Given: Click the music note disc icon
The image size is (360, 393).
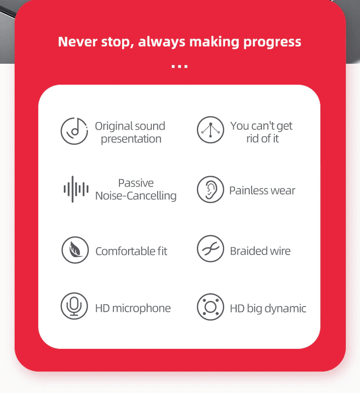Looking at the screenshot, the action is pyautogui.click(x=74, y=131).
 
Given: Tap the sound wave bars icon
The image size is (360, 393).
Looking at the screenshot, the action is pyautogui.click(x=76, y=189).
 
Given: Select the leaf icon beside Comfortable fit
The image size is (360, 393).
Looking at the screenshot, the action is pyautogui.click(x=75, y=250).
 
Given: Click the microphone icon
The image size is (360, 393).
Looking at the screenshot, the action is pyautogui.click(x=74, y=306).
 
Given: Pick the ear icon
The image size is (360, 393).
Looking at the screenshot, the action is pyautogui.click(x=210, y=189).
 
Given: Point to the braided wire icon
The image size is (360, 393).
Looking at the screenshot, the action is pyautogui.click(x=210, y=249).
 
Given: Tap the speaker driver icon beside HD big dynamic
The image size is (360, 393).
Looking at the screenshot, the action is pyautogui.click(x=210, y=307).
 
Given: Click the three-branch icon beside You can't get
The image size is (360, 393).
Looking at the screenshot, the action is pyautogui.click(x=210, y=130).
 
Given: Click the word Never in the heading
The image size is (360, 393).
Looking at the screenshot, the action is pyautogui.click(x=77, y=41).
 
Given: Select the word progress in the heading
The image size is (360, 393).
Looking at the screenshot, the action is pyautogui.click(x=272, y=42).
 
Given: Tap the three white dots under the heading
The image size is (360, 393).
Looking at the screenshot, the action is pyautogui.click(x=180, y=66).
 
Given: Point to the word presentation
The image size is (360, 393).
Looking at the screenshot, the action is pyautogui.click(x=131, y=139).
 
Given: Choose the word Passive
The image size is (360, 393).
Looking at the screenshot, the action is pyautogui.click(x=136, y=183).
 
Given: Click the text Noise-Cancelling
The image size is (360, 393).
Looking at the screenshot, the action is pyautogui.click(x=136, y=195).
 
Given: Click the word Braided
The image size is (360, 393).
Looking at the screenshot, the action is pyautogui.click(x=247, y=251).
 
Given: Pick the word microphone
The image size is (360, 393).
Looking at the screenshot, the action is pyautogui.click(x=141, y=309).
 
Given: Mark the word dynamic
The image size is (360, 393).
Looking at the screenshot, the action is pyautogui.click(x=285, y=309).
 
